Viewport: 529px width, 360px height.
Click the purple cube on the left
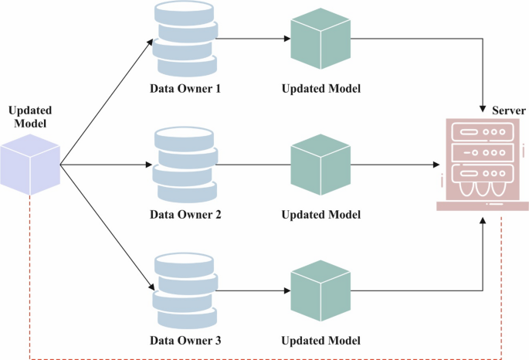tap(30, 165)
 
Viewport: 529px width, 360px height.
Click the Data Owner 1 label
tap(185, 88)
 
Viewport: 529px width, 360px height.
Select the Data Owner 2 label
tap(185, 214)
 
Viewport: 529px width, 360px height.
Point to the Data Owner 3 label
tap(185, 340)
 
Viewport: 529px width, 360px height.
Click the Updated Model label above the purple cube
tap(29, 116)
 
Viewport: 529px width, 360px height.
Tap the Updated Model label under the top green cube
tap(320, 88)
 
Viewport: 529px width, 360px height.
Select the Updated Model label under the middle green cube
tap(320, 214)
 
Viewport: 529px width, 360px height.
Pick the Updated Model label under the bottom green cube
tap(320, 340)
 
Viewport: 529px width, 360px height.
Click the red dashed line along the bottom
tap(263, 358)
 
